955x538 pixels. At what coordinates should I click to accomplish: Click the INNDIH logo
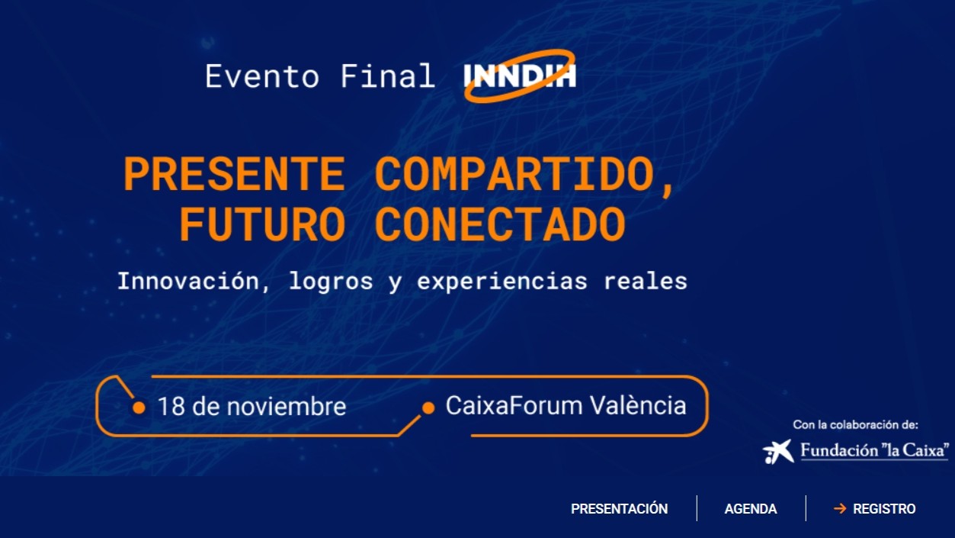520,76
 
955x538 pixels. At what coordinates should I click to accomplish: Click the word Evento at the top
262,76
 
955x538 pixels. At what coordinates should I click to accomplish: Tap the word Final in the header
387,76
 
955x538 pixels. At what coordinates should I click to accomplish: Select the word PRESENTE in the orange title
234,174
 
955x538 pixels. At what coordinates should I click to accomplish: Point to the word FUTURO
262,224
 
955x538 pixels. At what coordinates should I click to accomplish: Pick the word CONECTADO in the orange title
500,224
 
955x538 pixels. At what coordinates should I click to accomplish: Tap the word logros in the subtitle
331,282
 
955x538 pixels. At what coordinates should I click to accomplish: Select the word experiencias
502,282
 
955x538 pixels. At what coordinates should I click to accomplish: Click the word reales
646,281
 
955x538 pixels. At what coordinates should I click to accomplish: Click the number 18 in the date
171,406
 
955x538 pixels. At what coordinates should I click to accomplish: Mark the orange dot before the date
139,408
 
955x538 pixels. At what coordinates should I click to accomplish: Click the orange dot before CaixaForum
428,408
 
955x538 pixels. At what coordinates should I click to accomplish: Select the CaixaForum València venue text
566,405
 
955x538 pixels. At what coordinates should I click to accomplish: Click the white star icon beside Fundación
778,451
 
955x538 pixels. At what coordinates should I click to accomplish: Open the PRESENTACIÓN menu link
620,509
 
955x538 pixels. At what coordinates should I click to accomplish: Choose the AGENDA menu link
751,509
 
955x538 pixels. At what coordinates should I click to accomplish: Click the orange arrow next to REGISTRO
840,508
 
